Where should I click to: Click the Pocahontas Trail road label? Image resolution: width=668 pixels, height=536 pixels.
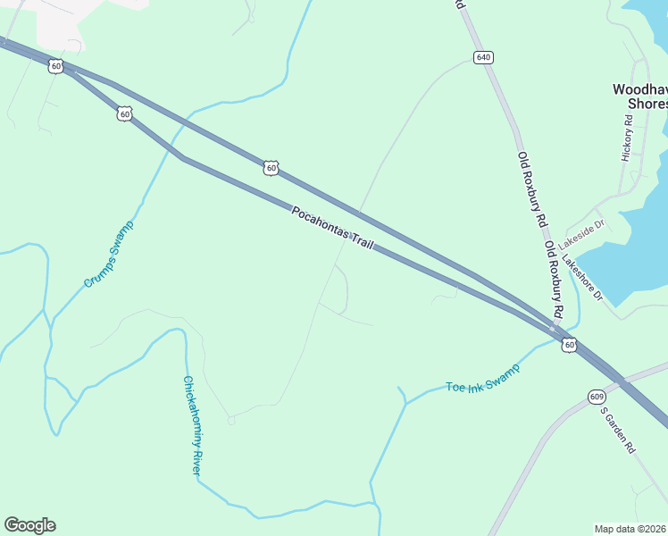tap(332, 229)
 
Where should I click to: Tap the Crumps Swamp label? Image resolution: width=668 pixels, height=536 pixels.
tap(108, 254)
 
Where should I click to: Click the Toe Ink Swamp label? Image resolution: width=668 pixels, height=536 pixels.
tap(482, 382)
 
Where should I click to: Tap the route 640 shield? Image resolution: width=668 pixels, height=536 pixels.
tap(483, 57)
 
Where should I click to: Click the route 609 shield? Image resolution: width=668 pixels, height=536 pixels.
tap(597, 396)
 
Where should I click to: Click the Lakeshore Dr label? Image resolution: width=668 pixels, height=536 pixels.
tap(582, 278)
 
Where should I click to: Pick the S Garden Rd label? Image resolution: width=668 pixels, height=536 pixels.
tap(617, 430)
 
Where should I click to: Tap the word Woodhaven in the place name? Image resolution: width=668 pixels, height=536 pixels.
tap(639, 89)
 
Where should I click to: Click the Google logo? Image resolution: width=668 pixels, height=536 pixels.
tap(29, 525)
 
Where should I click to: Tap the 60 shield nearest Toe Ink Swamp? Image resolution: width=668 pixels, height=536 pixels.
tap(570, 345)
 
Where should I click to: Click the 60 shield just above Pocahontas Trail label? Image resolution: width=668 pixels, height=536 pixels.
tap(271, 167)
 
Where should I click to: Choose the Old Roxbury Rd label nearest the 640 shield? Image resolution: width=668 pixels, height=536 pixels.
tap(530, 187)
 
